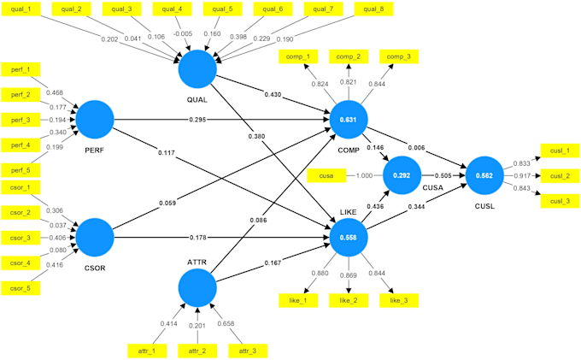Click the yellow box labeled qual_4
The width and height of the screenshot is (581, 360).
click(173, 9)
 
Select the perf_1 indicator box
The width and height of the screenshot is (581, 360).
click(21, 70)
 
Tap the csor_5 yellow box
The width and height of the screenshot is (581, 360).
click(21, 288)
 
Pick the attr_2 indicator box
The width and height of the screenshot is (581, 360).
click(197, 351)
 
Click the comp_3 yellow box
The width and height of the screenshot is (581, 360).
click(399, 56)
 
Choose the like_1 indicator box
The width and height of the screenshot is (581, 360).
click(298, 300)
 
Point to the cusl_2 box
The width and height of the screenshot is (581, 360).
click(560, 176)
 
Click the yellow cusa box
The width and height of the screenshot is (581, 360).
click(326, 176)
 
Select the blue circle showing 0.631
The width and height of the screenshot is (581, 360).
click(349, 120)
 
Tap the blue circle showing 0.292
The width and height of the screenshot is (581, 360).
click(402, 175)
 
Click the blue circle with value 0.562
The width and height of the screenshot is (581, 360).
click(484, 175)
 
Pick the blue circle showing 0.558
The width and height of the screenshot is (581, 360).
click(349, 237)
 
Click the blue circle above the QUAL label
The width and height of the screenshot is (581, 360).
click(197, 69)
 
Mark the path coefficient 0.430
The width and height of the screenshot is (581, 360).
click(273, 95)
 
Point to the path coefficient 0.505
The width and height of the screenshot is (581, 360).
click(443, 176)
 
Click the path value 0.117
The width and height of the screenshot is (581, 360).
click(167, 152)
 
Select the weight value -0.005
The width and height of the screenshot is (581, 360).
click(183, 33)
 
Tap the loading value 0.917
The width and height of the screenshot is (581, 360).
click(523, 176)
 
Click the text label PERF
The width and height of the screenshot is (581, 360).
click(95, 150)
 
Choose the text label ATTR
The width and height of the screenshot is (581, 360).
click(197, 263)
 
